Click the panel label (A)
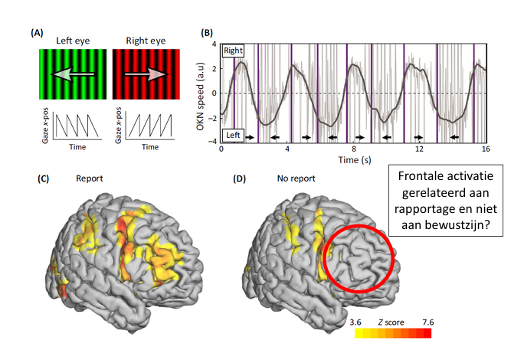coord(36,34)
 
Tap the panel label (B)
coord(207,34)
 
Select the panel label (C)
coord(44,178)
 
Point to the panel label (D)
coord(239,178)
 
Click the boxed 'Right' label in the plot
coord(233,51)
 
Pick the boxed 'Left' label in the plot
coord(232,136)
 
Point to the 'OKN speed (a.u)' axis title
coord(201,94)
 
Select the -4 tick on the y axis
coord(215,142)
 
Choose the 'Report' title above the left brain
coord(90,178)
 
